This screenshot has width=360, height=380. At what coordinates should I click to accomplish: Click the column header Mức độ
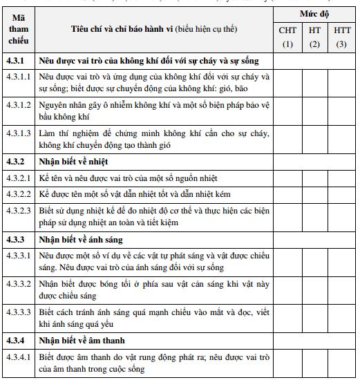314,14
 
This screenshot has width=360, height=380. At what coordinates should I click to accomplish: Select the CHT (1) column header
287,37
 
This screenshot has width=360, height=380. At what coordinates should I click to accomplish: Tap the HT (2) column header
314,37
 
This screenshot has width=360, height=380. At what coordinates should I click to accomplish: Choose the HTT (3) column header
341,37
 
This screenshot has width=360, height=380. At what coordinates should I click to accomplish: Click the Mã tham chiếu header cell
19,30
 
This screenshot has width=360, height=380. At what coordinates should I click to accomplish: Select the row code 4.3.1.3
19,133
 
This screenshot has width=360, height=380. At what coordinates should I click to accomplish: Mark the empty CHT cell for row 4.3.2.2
287,194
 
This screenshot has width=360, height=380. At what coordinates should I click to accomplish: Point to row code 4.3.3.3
19,312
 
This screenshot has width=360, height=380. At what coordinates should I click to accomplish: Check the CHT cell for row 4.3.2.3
287,217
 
